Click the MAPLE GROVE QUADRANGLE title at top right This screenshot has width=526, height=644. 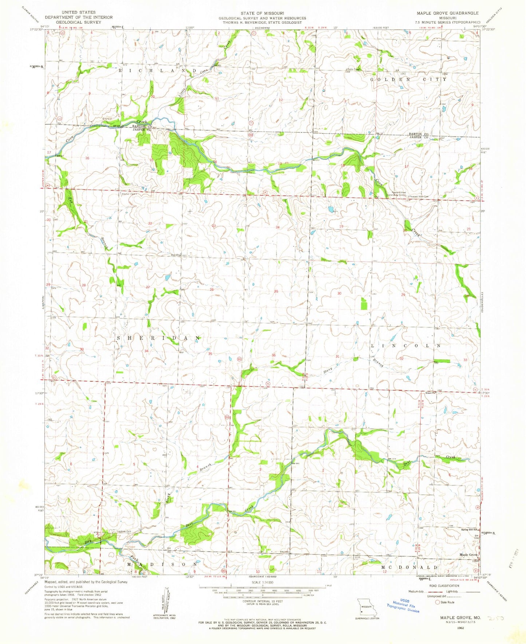448,13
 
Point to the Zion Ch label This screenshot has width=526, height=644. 176,255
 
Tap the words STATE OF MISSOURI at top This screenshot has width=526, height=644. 262,13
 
